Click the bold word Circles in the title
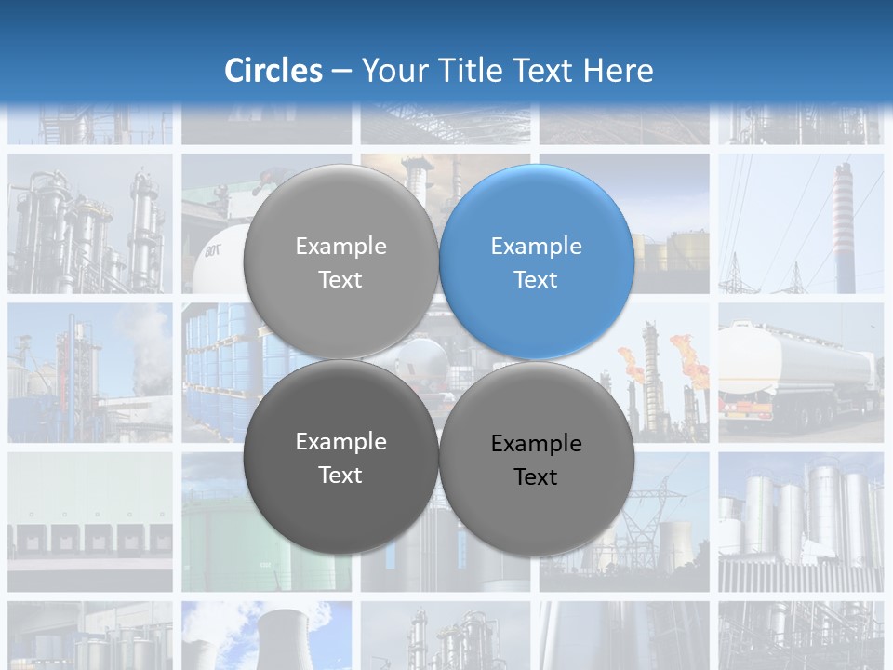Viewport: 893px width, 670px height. coord(273,71)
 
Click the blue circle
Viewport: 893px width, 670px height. coord(537,261)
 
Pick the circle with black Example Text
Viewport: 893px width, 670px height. coord(537,459)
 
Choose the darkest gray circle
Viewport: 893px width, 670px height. coord(340,457)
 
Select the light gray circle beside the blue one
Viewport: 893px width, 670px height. coord(340,261)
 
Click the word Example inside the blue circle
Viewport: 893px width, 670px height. coord(536,247)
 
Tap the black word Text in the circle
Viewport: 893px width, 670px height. coord(536,476)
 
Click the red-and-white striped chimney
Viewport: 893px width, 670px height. coord(843,223)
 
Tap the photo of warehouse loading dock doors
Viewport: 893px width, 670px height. coord(90,521)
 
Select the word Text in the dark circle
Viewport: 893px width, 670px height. coord(340,475)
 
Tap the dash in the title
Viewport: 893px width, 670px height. coord(341,71)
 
